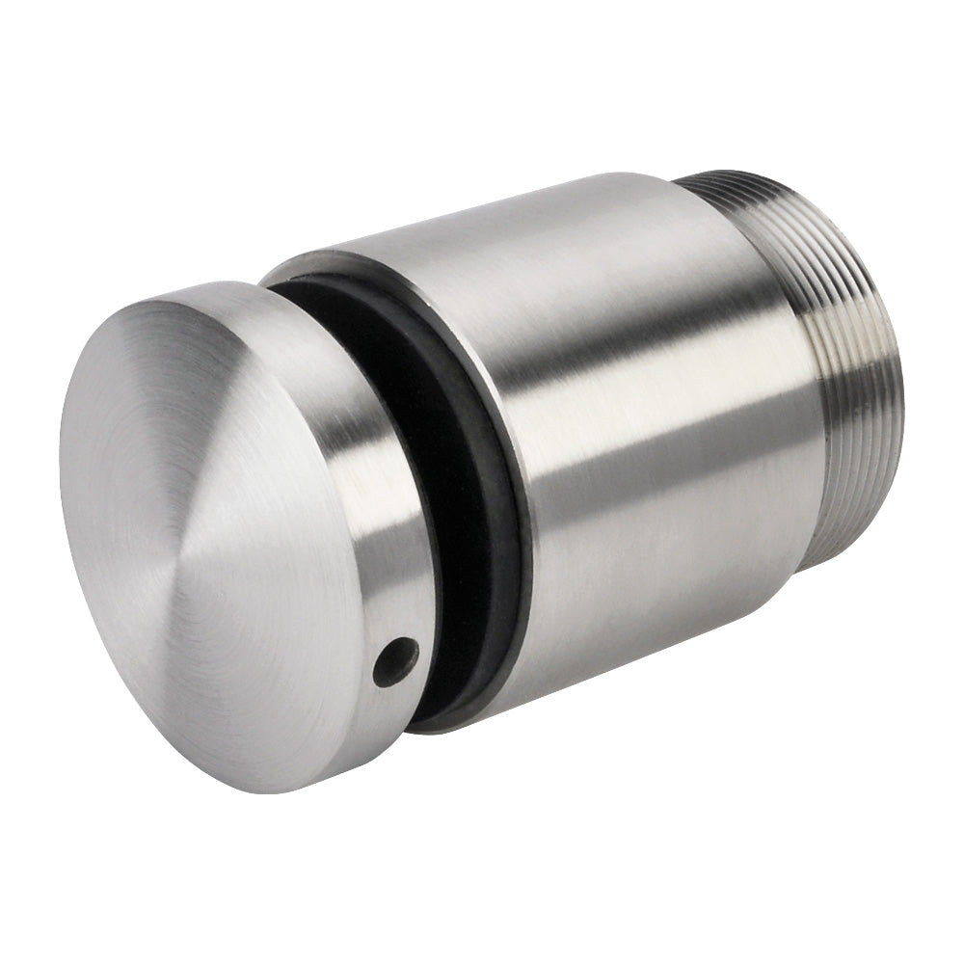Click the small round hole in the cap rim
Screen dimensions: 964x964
395,662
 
